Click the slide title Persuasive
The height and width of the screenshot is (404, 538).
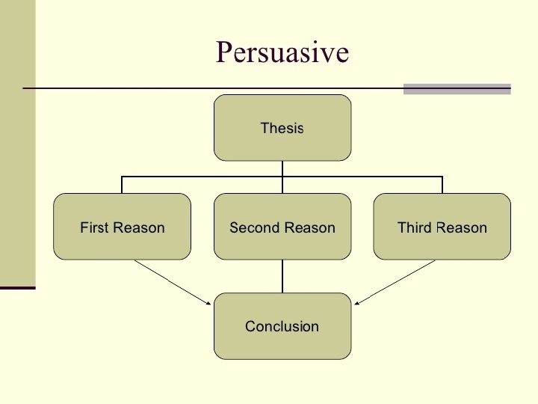click(x=282, y=52)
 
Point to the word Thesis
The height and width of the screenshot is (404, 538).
click(x=282, y=128)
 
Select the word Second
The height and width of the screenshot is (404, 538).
click(x=253, y=227)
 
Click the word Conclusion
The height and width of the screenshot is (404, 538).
click(x=282, y=326)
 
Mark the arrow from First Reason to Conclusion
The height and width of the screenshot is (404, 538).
click(x=172, y=282)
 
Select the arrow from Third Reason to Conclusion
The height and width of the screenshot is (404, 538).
click(x=395, y=282)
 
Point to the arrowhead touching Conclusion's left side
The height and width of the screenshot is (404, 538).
click(x=210, y=304)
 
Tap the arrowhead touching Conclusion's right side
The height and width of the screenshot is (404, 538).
click(x=356, y=304)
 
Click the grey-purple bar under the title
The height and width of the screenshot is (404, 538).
click(x=457, y=88)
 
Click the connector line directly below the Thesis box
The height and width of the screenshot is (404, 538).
click(x=282, y=168)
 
